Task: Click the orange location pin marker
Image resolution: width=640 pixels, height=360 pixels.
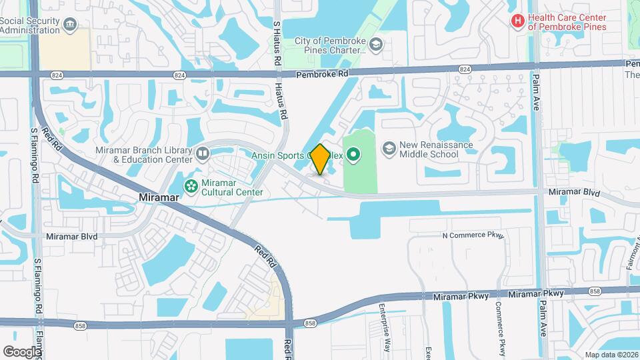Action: [320, 159]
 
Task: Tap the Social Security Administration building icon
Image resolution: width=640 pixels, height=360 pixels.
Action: [70, 25]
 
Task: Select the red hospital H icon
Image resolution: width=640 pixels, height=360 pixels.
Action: [517, 21]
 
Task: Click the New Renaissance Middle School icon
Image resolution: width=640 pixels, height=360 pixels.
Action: [388, 147]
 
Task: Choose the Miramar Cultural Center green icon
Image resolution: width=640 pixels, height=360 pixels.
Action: [191, 185]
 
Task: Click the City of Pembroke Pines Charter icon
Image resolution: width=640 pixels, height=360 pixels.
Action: [376, 45]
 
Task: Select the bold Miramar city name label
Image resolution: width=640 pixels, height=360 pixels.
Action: [161, 198]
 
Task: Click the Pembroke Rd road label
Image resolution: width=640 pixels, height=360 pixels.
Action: [323, 75]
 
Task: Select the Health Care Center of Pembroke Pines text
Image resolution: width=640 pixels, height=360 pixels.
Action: [567, 22]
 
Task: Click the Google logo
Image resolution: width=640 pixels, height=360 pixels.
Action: [22, 351]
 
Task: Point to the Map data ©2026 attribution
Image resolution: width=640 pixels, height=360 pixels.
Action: [611, 355]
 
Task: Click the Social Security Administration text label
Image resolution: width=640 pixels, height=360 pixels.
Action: [30, 25]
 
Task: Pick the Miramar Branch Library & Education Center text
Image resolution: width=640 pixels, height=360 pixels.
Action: [143, 155]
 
